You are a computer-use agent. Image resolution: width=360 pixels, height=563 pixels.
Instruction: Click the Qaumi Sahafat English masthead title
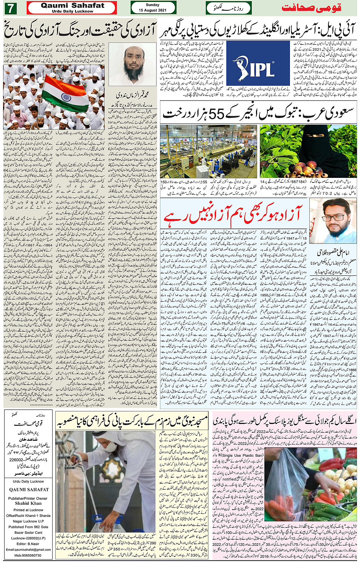[72, 5]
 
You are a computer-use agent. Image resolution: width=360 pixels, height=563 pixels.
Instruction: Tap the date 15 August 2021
[153, 10]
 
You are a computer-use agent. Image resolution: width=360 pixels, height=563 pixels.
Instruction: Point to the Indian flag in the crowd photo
[64, 93]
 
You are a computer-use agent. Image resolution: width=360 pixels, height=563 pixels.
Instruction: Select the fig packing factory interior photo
[208, 151]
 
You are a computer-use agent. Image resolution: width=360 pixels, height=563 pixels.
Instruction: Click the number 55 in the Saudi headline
[218, 114]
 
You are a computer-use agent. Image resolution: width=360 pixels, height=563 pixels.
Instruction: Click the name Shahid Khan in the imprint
[28, 503]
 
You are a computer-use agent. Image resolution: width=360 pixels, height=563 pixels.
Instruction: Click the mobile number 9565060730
[28, 555]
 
